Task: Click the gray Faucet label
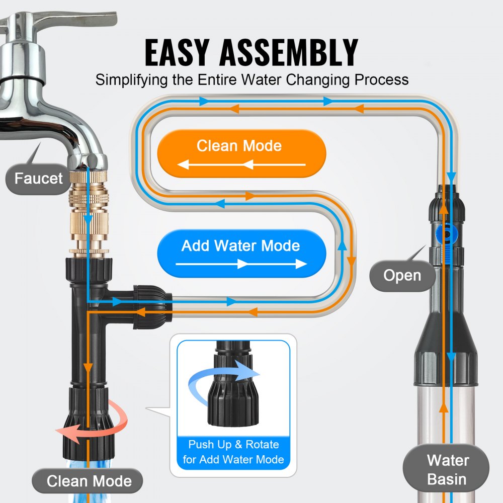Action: coord(38,178)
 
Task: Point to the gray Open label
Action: coord(402,275)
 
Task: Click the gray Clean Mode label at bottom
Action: coord(89,480)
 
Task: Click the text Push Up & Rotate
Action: coord(233,445)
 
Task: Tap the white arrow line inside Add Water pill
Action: coord(241,264)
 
